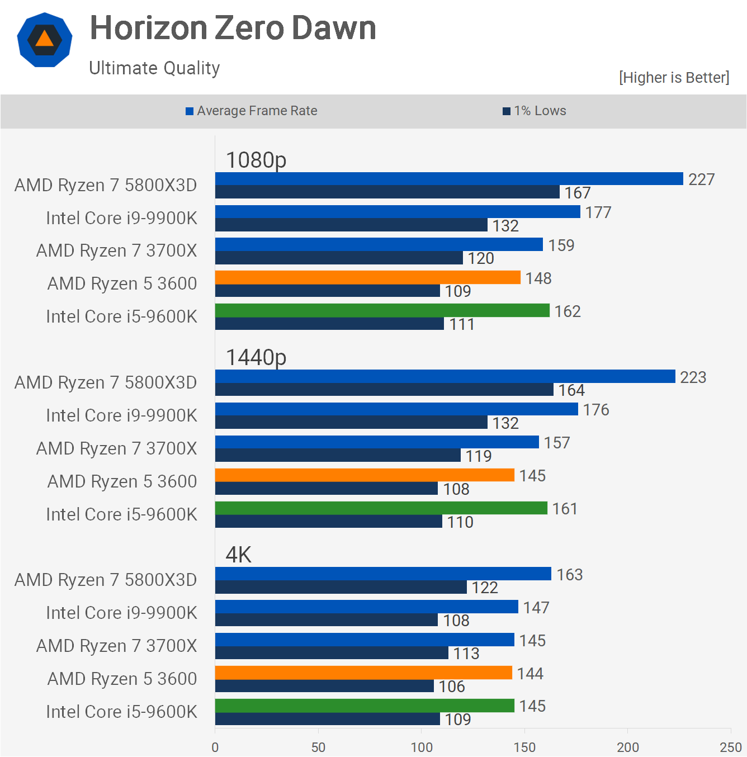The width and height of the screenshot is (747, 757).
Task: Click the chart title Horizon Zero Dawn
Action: click(233, 28)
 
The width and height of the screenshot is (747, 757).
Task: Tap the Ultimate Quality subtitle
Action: click(154, 68)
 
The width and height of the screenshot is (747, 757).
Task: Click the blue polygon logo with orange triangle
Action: click(45, 40)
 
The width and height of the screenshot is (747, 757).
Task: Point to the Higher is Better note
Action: click(674, 78)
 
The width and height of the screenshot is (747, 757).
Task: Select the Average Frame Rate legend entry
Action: click(252, 111)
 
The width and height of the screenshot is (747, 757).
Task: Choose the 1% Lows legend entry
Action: click(535, 111)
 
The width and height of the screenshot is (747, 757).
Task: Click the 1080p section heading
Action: click(256, 160)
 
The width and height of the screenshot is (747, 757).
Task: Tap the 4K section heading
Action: click(238, 555)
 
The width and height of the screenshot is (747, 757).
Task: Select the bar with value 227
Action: click(449, 178)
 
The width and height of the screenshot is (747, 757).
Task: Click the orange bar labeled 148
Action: click(368, 277)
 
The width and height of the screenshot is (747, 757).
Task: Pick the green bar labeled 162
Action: click(382, 310)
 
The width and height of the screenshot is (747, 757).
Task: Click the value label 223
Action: click(693, 377)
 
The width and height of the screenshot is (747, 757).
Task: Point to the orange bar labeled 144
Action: click(363, 673)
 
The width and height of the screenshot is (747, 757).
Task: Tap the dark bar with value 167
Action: click(387, 192)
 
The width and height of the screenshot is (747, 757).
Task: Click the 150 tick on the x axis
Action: click(524, 747)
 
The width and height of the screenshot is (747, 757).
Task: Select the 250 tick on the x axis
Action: click(731, 747)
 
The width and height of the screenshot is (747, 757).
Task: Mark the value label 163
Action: click(569, 575)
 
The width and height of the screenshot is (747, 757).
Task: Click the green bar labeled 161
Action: click(381, 508)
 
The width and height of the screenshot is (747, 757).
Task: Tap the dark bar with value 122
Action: click(341, 587)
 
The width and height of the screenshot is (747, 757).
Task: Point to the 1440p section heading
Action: click(256, 357)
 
